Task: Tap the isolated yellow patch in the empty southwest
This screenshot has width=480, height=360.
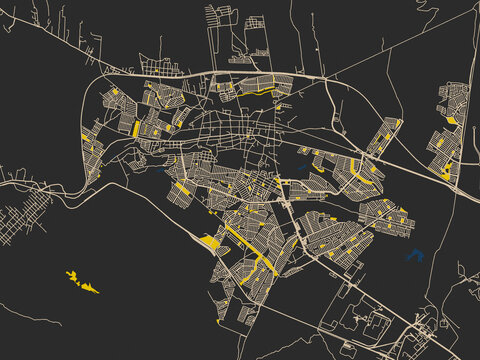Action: point(81,281)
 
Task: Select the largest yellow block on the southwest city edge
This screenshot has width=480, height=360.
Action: point(211,241)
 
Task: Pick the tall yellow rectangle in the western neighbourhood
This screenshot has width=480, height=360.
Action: point(136,128)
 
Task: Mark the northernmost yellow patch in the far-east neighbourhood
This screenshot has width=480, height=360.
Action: point(452,121)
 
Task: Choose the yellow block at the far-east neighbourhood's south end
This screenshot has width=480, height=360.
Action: point(444,173)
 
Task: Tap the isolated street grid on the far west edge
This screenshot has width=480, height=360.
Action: point(25,216)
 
